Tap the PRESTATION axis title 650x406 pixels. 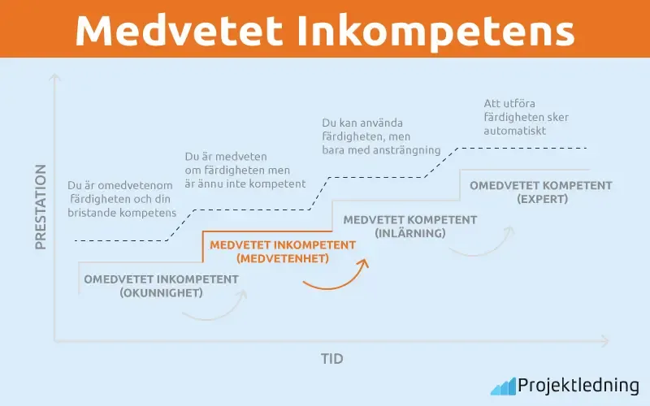(x=41, y=206)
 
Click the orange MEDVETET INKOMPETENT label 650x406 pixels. (x=283, y=244)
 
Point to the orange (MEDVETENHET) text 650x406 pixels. (x=283, y=259)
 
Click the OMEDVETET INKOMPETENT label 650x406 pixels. (x=162, y=279)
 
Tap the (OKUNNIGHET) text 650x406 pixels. (x=161, y=293)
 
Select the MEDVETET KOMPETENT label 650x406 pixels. (x=410, y=219)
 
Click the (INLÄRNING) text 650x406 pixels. (x=410, y=234)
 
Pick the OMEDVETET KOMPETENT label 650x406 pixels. (x=541, y=185)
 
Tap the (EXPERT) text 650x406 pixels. (x=540, y=199)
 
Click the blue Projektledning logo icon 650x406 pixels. (x=503, y=386)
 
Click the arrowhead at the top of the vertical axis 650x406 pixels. (x=55, y=79)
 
